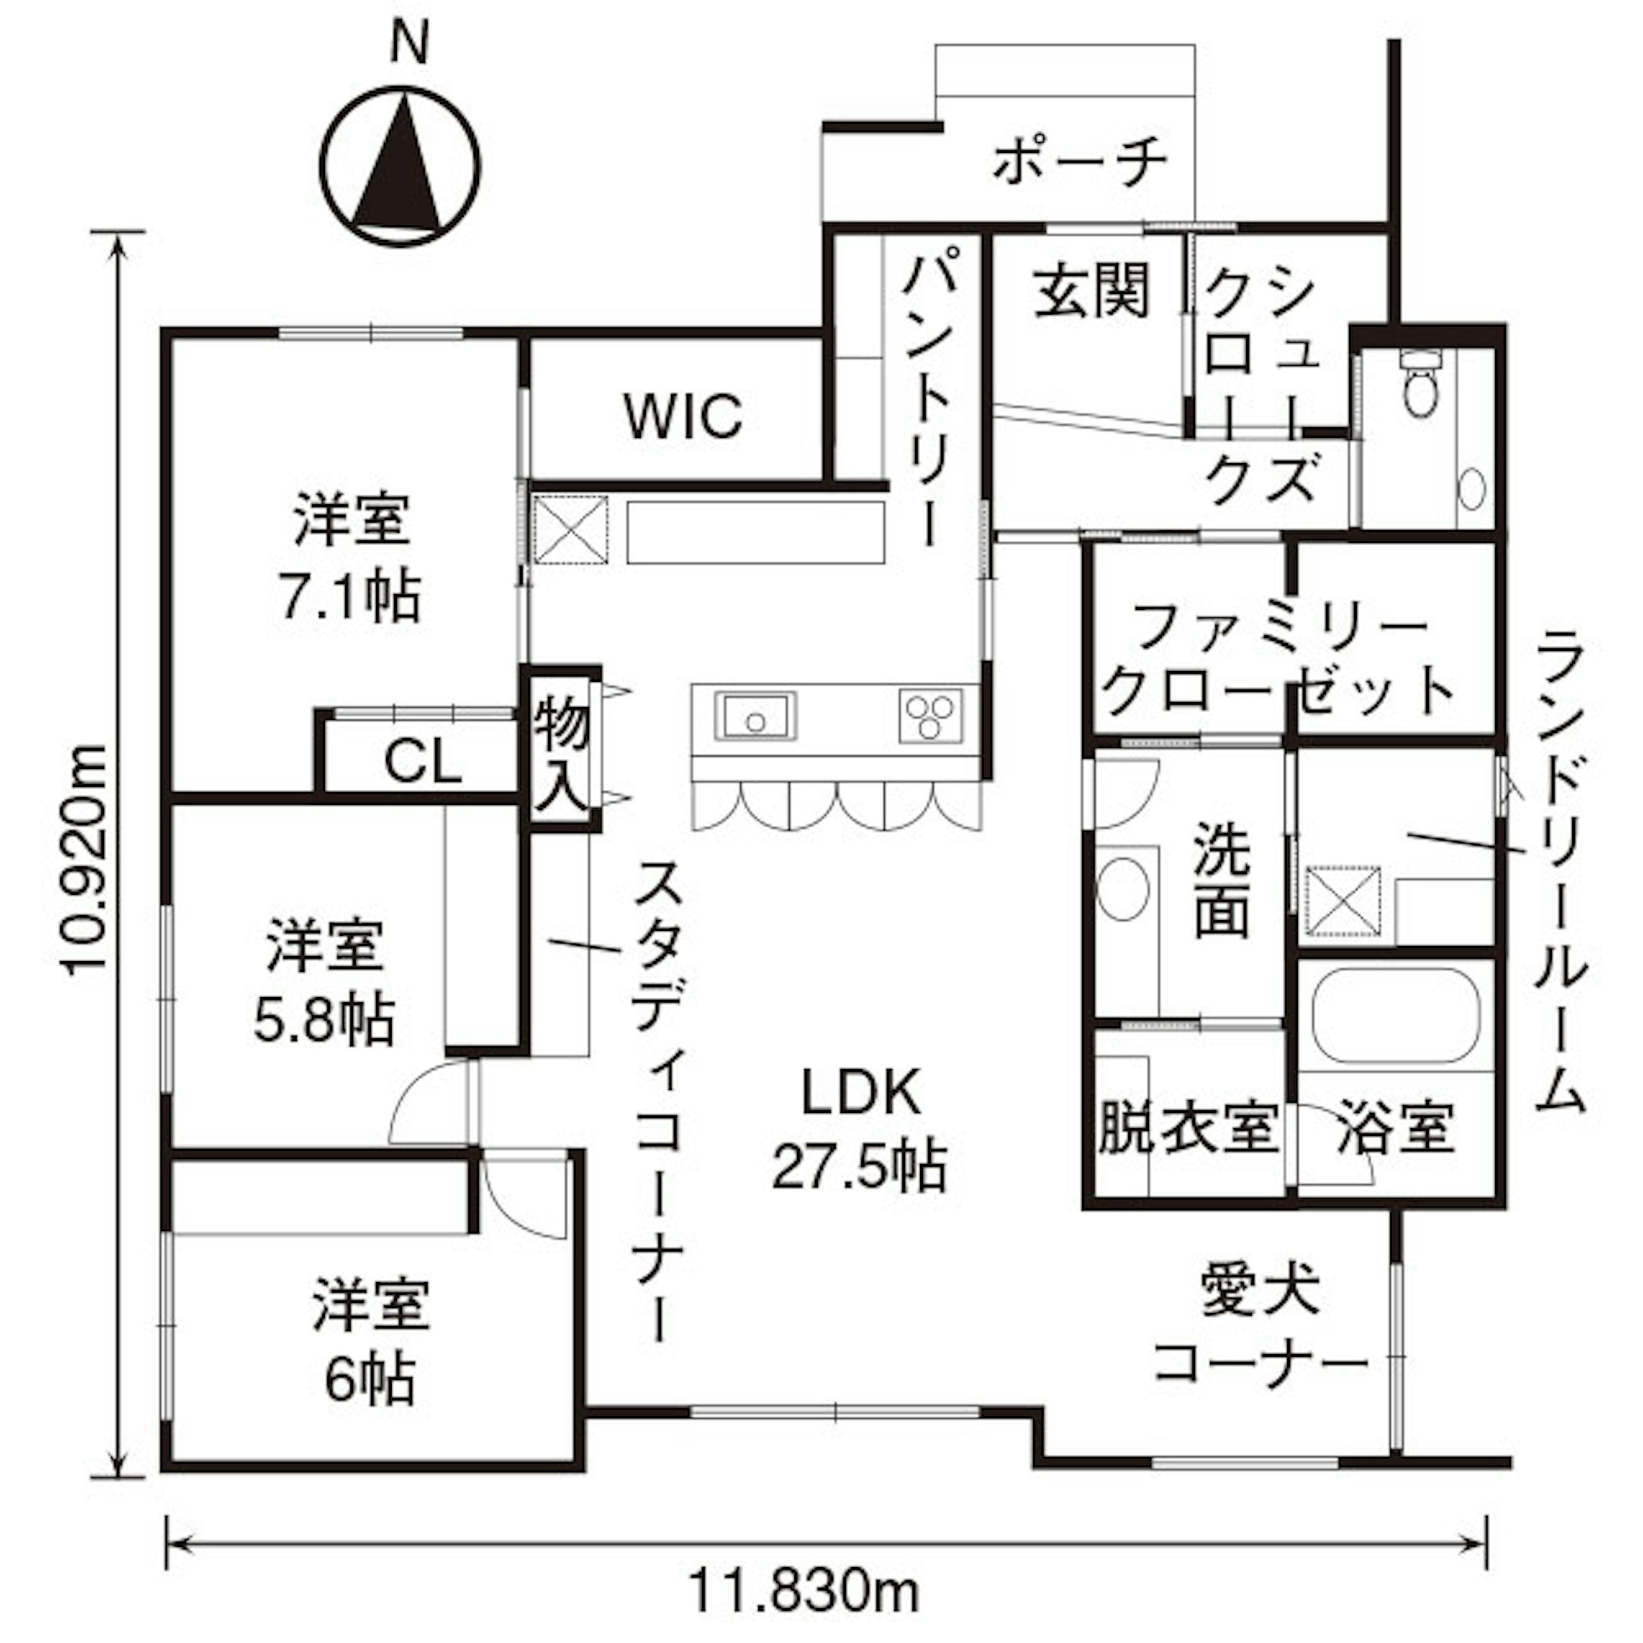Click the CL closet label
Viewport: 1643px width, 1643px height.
423,762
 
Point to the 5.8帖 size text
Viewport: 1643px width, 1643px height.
324,1019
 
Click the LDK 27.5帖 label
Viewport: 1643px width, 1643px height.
860,1129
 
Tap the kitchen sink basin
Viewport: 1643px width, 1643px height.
756,716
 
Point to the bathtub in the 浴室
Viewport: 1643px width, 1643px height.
1395,1016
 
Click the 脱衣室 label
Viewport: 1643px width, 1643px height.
1189,1129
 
